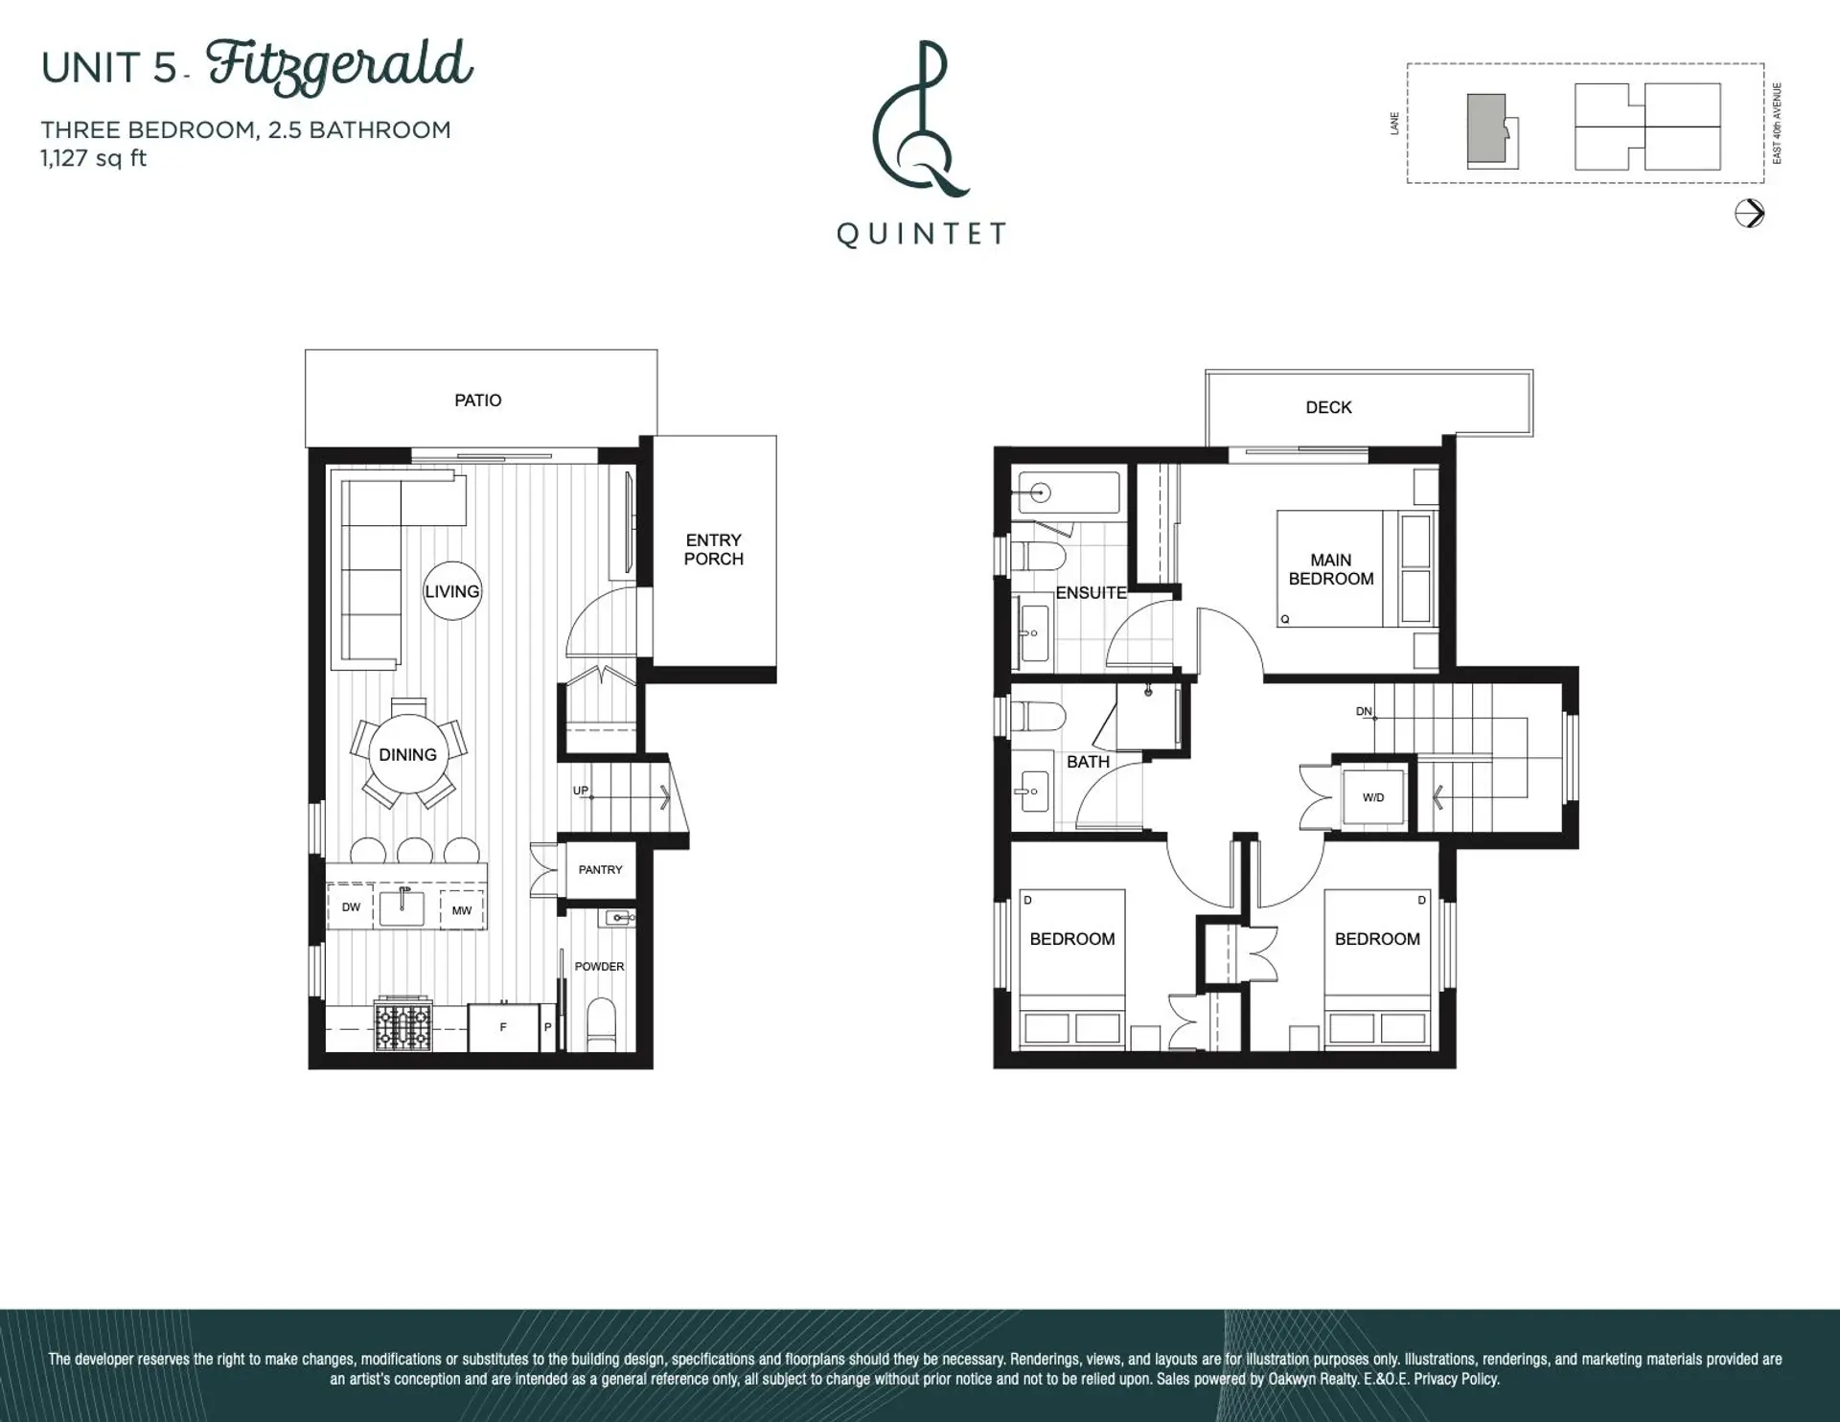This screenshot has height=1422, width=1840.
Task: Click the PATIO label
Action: pyautogui.click(x=477, y=401)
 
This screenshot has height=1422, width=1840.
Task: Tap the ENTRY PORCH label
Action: pyautogui.click(x=713, y=550)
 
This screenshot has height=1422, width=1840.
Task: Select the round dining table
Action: pyautogui.click(x=408, y=755)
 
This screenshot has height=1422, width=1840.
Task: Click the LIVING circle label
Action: pyautogui.click(x=451, y=591)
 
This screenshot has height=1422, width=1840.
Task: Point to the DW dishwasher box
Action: pyautogui.click(x=351, y=907)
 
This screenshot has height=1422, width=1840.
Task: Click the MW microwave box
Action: pyautogui.click(x=462, y=910)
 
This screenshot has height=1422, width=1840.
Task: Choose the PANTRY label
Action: pyautogui.click(x=600, y=870)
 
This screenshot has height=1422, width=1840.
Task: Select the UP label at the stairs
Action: pyautogui.click(x=581, y=791)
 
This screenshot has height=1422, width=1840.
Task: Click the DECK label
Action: pyautogui.click(x=1328, y=408)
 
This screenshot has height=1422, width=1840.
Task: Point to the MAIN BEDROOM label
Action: pyautogui.click(x=1331, y=569)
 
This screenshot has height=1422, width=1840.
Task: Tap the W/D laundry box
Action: pyautogui.click(x=1373, y=797)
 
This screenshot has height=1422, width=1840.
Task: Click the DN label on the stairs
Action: pyautogui.click(x=1364, y=712)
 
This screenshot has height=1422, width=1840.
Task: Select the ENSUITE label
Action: pyautogui.click(x=1091, y=593)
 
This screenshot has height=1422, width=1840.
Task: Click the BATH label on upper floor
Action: pyautogui.click(x=1088, y=762)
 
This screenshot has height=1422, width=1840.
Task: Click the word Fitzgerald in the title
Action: pyautogui.click(x=339, y=66)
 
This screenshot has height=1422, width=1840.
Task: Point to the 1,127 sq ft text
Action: pyautogui.click(x=94, y=159)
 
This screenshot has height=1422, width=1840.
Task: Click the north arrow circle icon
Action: pyautogui.click(x=1749, y=213)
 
